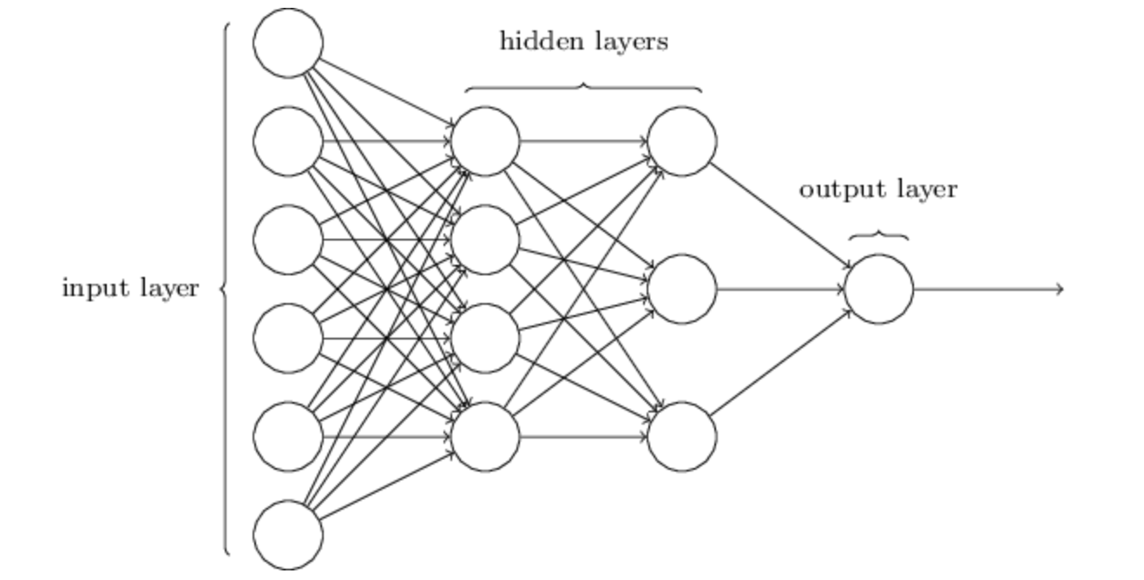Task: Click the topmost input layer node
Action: click(288, 43)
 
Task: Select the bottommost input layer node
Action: click(288, 535)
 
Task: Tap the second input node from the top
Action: click(288, 142)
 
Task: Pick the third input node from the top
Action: click(288, 240)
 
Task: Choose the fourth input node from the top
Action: click(288, 338)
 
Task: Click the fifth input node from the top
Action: click(288, 437)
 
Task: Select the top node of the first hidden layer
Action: click(485, 142)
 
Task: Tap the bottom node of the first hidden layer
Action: click(485, 437)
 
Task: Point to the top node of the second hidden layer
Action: click(682, 142)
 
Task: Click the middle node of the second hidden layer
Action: click(682, 289)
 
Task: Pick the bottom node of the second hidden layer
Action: click(682, 437)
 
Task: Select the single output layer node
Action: click(878, 289)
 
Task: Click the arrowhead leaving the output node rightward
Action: click(1059, 289)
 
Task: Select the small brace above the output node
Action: click(878, 235)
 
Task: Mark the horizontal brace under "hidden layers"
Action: click(583, 87)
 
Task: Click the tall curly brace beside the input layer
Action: click(226, 288)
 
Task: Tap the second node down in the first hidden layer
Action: click(485, 240)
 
